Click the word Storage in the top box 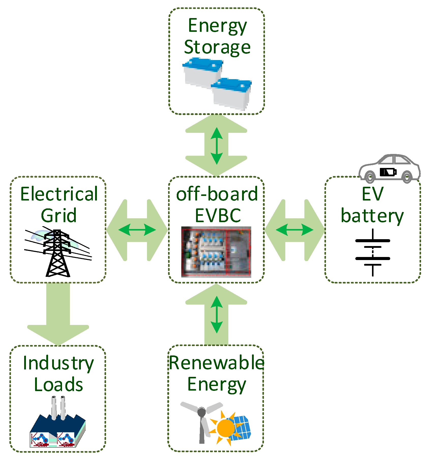(217, 48)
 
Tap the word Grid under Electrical (58, 215)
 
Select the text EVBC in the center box (218, 216)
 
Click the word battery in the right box (372, 216)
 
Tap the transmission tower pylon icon (57, 253)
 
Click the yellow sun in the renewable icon (226, 428)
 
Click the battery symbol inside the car (388, 172)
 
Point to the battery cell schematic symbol (373, 252)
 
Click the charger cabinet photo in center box (216, 252)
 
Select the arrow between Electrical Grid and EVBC (137, 230)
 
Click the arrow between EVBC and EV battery (294, 230)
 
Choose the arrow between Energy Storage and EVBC (216, 146)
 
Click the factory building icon (57, 430)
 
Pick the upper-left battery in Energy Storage (203, 73)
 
